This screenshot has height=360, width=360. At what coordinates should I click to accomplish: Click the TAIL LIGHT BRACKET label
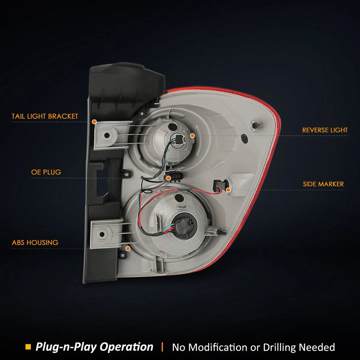(45, 116)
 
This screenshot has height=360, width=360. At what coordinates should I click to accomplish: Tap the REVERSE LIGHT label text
(325, 130)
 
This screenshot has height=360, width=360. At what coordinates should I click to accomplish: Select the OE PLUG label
(46, 172)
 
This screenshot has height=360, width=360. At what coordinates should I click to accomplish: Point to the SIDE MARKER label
(323, 184)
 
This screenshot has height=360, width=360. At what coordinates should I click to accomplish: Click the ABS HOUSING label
(35, 243)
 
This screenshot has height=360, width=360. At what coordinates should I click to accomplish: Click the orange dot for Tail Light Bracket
(94, 122)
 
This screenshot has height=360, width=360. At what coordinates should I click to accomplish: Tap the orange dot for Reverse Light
(192, 136)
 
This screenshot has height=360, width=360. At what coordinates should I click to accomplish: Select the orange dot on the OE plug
(168, 178)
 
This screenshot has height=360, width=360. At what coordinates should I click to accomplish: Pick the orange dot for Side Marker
(228, 190)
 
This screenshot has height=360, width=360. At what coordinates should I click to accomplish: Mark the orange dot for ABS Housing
(128, 249)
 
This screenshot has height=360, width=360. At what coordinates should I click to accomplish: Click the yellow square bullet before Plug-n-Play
(28, 347)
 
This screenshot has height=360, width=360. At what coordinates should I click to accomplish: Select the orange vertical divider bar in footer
(162, 347)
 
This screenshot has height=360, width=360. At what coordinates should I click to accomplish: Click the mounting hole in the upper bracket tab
(107, 135)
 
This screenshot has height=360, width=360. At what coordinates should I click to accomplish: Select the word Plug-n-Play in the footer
(66, 347)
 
